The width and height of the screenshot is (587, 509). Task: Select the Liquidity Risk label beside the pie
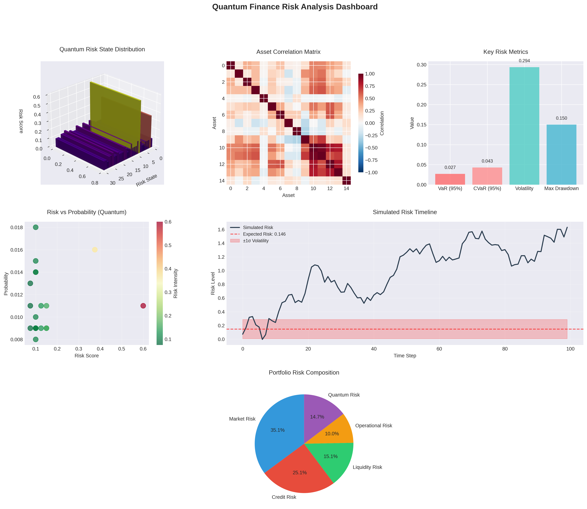[367, 467]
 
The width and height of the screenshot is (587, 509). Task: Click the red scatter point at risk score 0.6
[143, 306]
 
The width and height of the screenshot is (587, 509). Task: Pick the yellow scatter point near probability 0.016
[95, 250]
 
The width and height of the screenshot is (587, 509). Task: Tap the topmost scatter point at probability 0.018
[35, 227]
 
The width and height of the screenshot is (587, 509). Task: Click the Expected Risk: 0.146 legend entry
[264, 234]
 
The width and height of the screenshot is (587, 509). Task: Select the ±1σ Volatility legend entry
[256, 241]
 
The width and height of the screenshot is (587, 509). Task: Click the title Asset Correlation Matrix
[288, 52]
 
